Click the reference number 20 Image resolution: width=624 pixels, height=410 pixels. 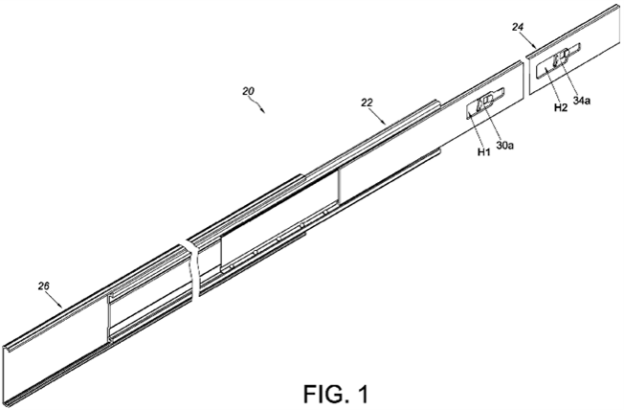248,91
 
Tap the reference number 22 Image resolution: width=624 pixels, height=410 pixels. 367,102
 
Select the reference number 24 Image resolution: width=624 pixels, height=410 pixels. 518,27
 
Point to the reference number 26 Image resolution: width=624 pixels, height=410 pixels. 44,285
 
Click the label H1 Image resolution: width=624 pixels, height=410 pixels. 484,151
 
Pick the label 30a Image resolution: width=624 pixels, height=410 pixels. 505,146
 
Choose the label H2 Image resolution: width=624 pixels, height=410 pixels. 561,107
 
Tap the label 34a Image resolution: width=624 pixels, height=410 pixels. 582,101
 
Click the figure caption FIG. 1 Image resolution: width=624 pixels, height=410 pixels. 336,394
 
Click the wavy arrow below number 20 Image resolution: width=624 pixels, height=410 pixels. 257,104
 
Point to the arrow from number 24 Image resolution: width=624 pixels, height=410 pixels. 530,40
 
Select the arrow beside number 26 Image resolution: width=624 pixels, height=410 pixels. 55,300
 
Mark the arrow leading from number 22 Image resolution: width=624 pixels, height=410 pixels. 378,116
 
